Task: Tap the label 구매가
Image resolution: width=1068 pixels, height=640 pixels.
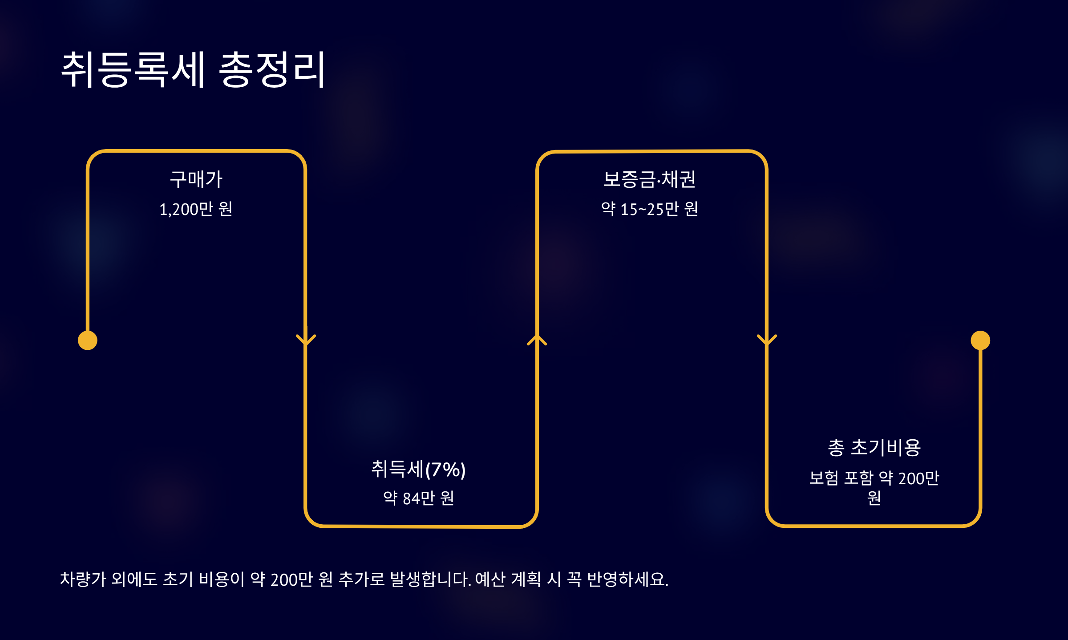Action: coord(196,179)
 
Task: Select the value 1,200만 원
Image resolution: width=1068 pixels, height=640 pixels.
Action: coord(196,209)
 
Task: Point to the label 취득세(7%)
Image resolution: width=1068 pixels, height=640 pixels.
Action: coord(418,469)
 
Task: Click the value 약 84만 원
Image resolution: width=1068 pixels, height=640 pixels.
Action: coord(418,498)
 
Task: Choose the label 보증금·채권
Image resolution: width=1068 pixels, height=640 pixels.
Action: coord(649,179)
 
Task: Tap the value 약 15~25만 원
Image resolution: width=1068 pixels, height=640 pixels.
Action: coord(649,209)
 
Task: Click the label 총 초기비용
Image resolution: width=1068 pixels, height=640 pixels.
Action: coord(874,447)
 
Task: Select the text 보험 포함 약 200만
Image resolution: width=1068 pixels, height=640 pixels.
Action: coord(874,478)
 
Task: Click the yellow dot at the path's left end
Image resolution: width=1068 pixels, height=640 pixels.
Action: coord(88,340)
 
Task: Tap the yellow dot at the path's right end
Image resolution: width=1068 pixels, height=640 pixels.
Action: coord(980,340)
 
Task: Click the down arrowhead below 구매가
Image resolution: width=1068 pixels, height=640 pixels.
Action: coord(306,340)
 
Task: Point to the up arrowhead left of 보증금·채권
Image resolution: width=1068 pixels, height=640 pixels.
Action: coord(537,340)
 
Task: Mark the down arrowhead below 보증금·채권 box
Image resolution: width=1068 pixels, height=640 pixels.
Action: coord(767,340)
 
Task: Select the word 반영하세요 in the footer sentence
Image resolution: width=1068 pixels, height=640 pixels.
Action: coord(627,579)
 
